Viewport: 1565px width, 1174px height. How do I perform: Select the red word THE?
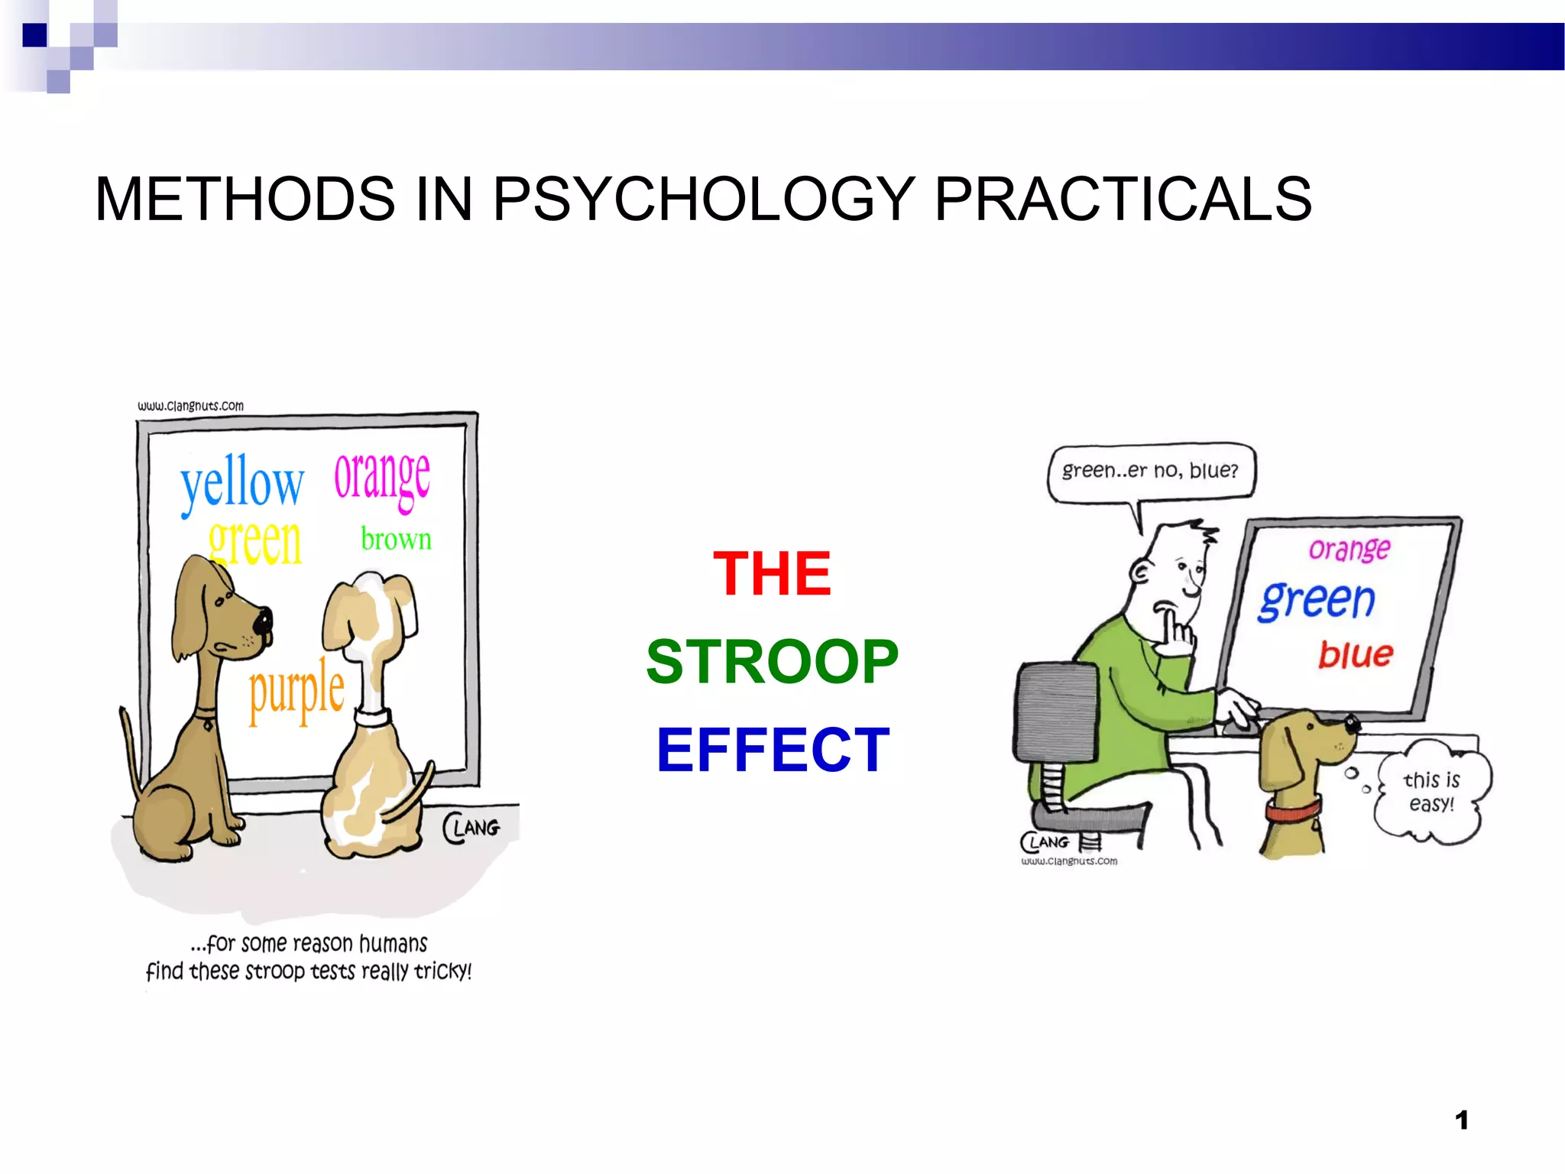772,573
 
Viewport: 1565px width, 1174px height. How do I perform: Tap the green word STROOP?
772,662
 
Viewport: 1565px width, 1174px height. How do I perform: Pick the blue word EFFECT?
773,751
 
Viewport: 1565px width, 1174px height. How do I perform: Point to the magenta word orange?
382,477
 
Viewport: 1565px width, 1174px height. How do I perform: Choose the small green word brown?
396,540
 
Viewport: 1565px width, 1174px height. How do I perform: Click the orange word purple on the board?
296,692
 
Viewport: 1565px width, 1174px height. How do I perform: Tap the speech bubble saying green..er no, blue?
1150,471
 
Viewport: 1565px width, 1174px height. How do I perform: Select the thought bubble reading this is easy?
1431,793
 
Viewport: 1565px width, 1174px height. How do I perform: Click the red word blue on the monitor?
1356,655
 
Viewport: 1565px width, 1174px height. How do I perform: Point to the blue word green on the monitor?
1317,600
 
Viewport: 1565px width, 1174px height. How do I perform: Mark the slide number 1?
1461,1120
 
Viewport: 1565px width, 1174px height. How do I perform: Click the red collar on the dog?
1293,808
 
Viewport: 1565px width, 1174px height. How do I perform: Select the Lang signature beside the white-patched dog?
472,829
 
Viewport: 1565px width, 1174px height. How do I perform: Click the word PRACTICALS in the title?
1123,199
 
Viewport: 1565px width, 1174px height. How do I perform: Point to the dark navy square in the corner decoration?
34,35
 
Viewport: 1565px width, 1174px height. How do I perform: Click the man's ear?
1141,572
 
